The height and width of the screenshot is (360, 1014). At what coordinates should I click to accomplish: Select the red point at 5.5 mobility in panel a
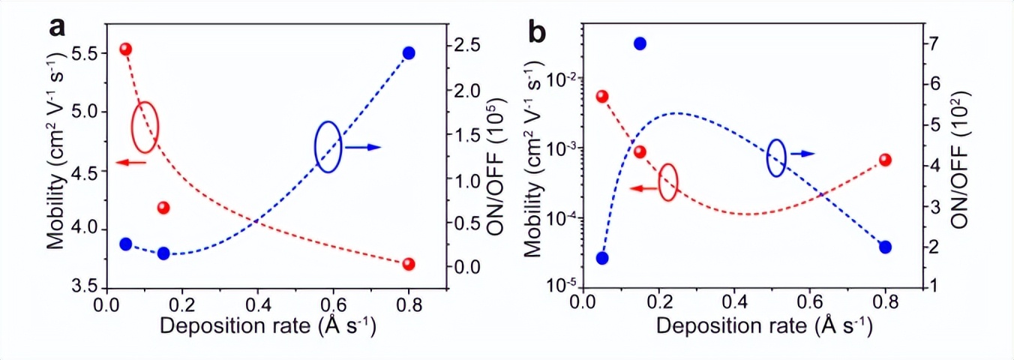(126, 49)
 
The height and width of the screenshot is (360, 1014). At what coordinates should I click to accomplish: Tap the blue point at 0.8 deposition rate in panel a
(409, 52)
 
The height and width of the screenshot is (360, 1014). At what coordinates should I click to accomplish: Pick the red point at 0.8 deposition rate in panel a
(409, 264)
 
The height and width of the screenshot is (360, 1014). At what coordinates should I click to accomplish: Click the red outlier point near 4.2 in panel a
(163, 208)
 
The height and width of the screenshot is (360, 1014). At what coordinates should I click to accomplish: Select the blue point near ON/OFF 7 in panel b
(640, 43)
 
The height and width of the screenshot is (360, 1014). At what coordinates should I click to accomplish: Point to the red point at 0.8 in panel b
(885, 160)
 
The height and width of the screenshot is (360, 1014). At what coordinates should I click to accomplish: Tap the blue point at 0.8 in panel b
(885, 247)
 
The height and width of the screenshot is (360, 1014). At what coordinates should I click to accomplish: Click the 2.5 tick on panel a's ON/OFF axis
(471, 45)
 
